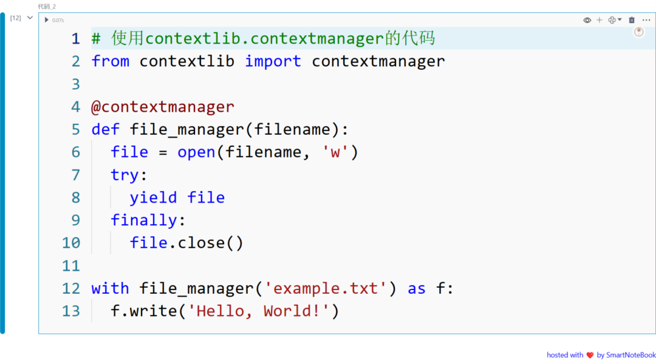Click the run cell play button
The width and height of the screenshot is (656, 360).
[x=46, y=19]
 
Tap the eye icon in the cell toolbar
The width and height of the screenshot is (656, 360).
[x=587, y=20]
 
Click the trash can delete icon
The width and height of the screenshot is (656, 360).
[x=632, y=20]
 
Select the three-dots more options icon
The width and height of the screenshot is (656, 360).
[x=646, y=20]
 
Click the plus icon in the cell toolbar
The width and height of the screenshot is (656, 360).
[x=599, y=20]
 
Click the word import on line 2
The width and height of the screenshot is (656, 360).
[x=273, y=61]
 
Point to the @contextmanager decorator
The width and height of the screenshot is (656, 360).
[x=163, y=107]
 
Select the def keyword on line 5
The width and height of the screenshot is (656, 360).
[x=106, y=129]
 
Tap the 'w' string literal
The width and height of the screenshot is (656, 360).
[x=335, y=152]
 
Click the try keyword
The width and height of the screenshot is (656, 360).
[x=125, y=175]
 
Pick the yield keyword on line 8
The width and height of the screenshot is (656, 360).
[x=153, y=197]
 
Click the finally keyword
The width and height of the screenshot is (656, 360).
[x=143, y=220]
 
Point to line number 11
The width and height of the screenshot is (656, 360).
[x=70, y=265]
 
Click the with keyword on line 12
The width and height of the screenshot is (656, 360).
[x=111, y=288]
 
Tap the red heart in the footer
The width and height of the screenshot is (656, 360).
[x=590, y=355]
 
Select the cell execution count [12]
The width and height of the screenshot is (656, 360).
[x=15, y=18]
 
